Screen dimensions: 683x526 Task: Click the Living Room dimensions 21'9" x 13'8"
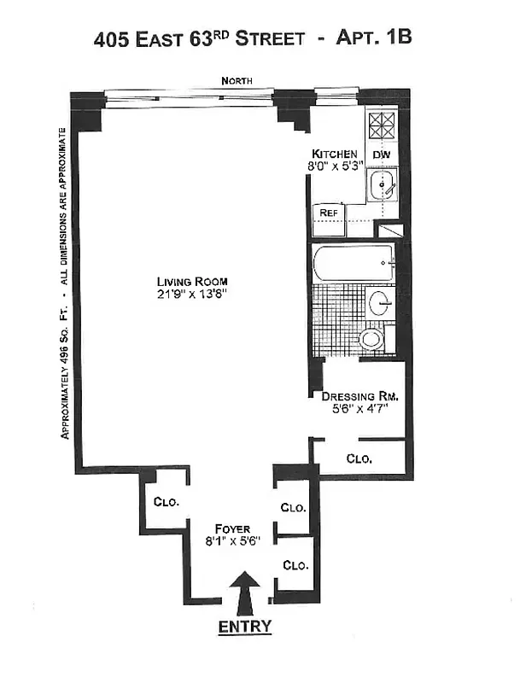point(192,295)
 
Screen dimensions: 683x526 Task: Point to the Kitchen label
point(336,154)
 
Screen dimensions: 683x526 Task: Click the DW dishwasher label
point(383,155)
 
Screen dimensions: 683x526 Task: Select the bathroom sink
point(382,301)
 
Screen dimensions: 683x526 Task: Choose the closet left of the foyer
point(166,503)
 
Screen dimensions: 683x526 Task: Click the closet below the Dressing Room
point(359,458)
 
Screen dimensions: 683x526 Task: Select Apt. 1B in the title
point(377,38)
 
